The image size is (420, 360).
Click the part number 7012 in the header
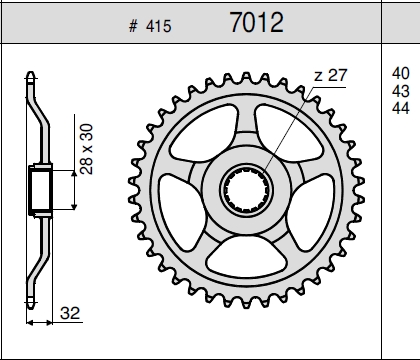coord(257,22)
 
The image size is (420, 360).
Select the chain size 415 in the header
coord(158,26)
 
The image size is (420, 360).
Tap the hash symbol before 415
coord(133,26)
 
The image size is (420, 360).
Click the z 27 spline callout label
coord(331,75)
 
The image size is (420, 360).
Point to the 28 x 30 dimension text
coord(87,149)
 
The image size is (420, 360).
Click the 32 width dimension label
coord(70,313)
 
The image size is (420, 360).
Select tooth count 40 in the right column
coord(401,73)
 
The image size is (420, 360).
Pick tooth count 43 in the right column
coord(401,91)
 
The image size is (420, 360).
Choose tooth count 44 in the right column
coord(401,108)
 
